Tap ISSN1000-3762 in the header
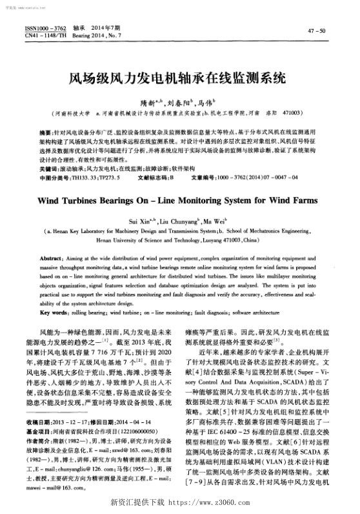[x=46, y=29]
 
